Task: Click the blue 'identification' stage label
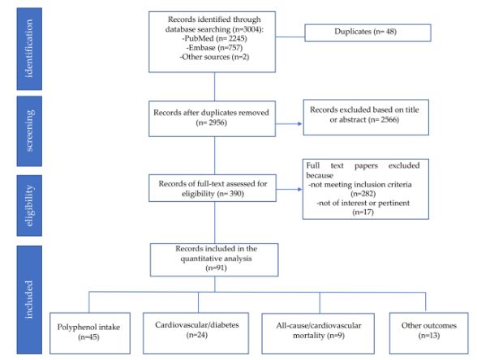(x=29, y=49)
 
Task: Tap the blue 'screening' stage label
(x=29, y=131)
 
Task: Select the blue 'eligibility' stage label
(x=29, y=206)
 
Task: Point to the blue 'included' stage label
(x=29, y=300)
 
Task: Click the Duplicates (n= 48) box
(x=367, y=32)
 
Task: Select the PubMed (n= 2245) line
(x=214, y=39)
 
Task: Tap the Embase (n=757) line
(x=214, y=48)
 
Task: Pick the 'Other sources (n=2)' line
(x=214, y=57)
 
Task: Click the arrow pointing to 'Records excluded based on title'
(x=289, y=124)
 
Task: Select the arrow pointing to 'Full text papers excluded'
(x=289, y=190)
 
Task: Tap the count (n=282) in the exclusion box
(x=363, y=194)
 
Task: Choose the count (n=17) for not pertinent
(x=363, y=212)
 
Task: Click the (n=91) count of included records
(x=216, y=268)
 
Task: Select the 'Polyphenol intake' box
(x=90, y=333)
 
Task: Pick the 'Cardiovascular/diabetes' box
(x=196, y=333)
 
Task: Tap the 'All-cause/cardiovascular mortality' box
(x=318, y=333)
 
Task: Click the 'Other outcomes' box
(x=429, y=333)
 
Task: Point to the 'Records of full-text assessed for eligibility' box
(x=213, y=188)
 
